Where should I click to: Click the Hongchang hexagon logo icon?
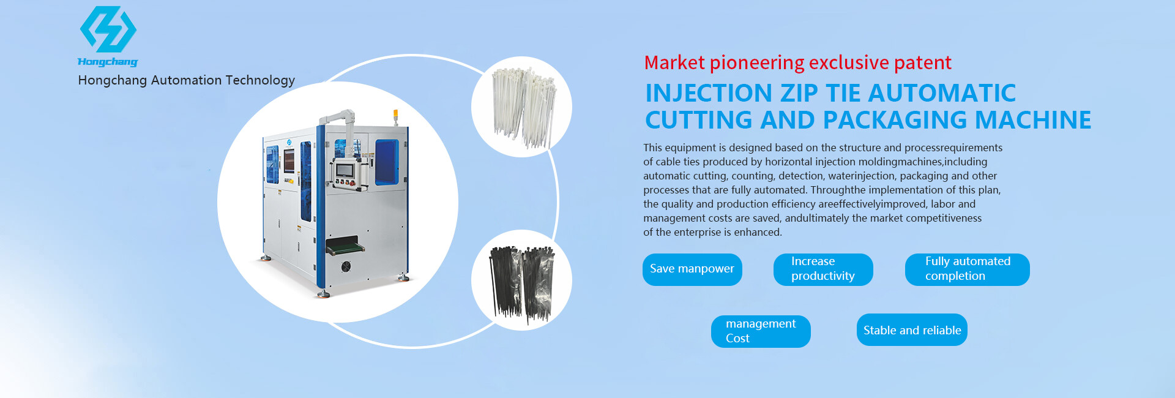click(x=108, y=29)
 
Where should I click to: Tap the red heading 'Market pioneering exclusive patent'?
click(x=797, y=62)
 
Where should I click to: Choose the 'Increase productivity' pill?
click(x=823, y=269)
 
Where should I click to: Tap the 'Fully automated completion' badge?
click(x=967, y=269)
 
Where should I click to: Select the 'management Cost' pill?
click(x=761, y=331)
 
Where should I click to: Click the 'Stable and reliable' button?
click(x=912, y=330)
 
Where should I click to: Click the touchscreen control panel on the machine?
click(x=347, y=170)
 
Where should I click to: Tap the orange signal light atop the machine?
click(x=395, y=115)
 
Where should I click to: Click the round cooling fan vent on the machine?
click(x=346, y=267)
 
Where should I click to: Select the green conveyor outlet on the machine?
click(x=345, y=247)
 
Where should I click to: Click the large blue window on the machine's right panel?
click(x=387, y=162)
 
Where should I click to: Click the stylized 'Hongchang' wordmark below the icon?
click(x=108, y=61)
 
